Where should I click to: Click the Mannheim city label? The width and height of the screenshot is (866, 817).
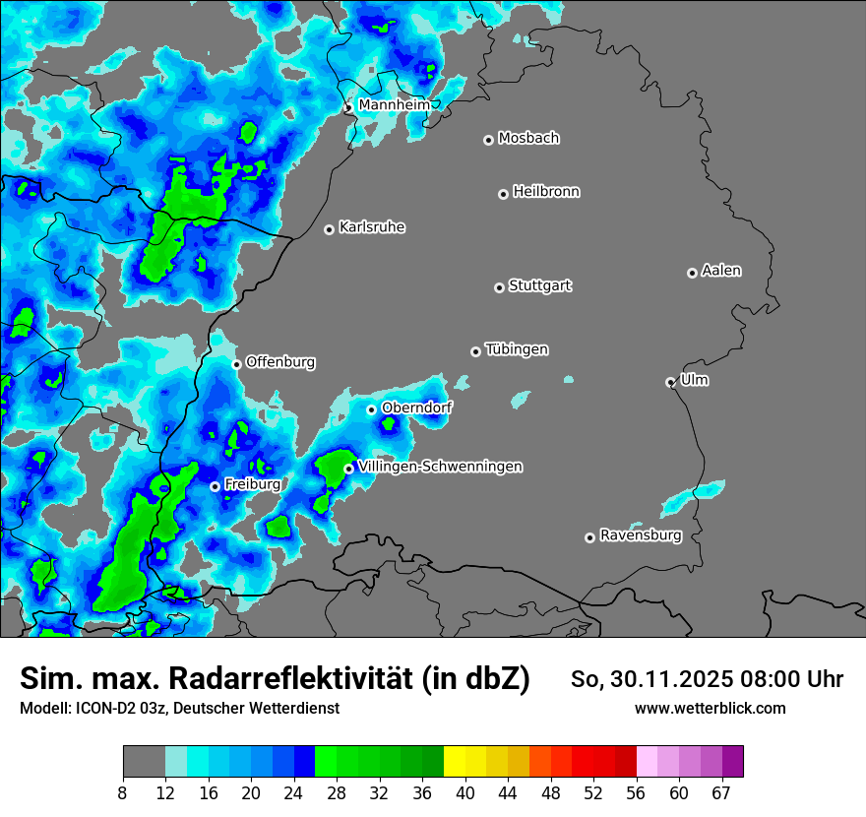(x=395, y=104)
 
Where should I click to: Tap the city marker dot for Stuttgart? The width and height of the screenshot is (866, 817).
(x=500, y=287)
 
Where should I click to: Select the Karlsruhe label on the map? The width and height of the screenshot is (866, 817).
(x=372, y=227)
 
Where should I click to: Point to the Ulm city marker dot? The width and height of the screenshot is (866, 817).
(x=670, y=382)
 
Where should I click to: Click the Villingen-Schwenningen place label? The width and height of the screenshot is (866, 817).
(x=439, y=467)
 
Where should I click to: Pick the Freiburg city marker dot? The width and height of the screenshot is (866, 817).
(x=215, y=486)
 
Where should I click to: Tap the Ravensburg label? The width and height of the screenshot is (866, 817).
(x=641, y=535)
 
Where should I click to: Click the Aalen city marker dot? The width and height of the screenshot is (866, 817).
(x=692, y=273)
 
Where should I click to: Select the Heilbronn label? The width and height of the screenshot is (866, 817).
(x=546, y=191)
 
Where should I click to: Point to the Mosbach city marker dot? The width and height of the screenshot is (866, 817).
(x=488, y=140)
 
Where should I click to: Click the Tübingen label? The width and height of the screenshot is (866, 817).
(x=517, y=349)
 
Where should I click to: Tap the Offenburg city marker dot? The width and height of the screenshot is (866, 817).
(x=236, y=364)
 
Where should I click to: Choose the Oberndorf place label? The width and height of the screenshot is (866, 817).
(x=417, y=408)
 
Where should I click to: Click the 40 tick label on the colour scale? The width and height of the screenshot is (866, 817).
(x=465, y=792)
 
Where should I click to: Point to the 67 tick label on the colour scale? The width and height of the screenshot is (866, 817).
(x=721, y=792)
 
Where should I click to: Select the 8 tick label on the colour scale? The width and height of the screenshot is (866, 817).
(x=123, y=792)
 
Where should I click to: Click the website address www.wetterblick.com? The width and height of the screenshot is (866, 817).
(x=711, y=708)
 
